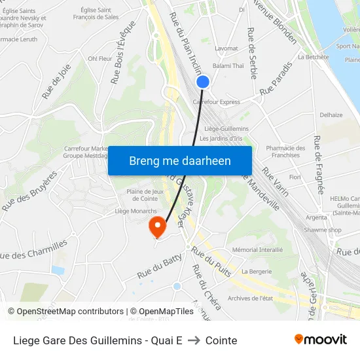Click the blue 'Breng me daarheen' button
(179, 160)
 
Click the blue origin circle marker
(203, 82)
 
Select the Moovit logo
(321, 340)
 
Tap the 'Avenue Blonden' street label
(274, 24)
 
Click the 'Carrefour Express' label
(216, 102)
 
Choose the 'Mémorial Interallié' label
(257, 249)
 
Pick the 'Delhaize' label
(331, 115)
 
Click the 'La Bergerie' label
(257, 271)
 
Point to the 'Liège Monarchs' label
(135, 211)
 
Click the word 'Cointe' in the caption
(221, 340)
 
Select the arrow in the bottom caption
(194, 340)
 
